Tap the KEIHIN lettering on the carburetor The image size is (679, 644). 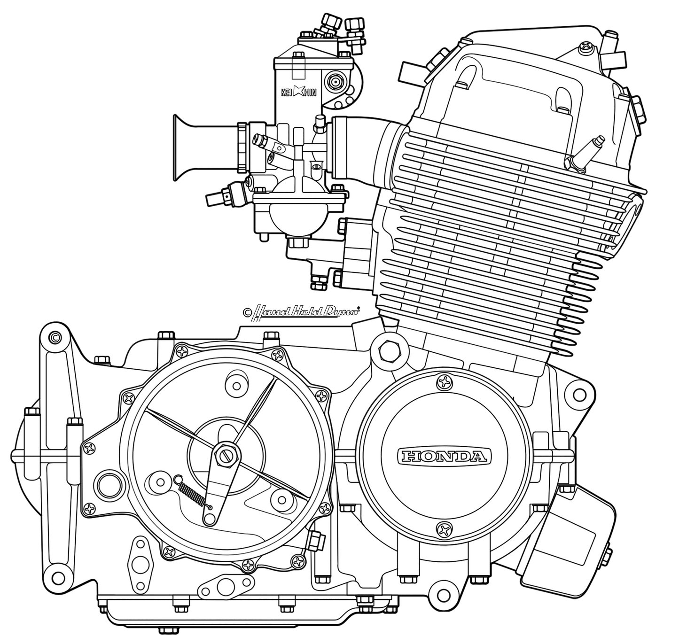tap(305, 92)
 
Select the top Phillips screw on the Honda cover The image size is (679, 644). tap(444, 382)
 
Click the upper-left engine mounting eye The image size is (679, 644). tap(55, 337)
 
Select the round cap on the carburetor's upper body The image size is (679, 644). tap(336, 82)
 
